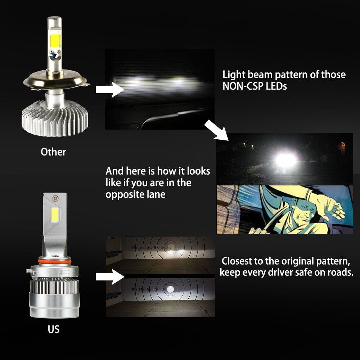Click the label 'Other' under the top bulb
[x=53, y=152]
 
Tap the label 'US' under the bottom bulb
[x=54, y=329]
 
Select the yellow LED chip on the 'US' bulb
[x=55, y=215]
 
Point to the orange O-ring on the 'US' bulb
[x=54, y=261]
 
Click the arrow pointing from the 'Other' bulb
[x=110, y=90]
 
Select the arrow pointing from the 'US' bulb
[x=110, y=277]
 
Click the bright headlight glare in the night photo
[x=285, y=160]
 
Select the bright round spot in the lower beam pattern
[x=170, y=289]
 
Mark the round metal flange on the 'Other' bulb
[x=55, y=80]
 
